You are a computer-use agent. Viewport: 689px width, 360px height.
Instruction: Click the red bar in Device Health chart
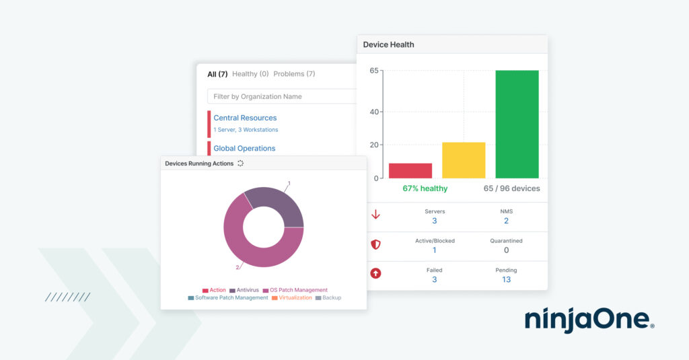[x=410, y=170]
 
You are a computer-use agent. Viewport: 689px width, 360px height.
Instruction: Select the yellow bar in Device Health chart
[x=464, y=160]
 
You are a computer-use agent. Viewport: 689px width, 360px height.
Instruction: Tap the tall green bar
[x=517, y=124]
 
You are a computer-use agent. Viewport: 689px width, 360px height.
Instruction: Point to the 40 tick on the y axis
[x=374, y=112]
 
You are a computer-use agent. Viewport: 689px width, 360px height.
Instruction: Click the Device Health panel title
[x=389, y=44]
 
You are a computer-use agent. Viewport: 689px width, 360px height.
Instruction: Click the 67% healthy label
[x=425, y=188]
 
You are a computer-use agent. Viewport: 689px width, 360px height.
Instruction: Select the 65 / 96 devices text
[x=511, y=188]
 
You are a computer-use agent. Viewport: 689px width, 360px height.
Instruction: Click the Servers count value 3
[x=435, y=221]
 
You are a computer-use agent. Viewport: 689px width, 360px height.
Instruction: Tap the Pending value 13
[x=506, y=279]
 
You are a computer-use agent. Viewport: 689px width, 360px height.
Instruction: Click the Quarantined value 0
[x=506, y=250]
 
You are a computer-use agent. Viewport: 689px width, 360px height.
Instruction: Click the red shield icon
[x=375, y=245]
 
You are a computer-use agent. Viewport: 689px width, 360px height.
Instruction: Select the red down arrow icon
[x=375, y=215]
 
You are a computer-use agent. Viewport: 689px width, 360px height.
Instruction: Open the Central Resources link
[x=245, y=118]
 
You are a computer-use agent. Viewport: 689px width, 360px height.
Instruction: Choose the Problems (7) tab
[x=294, y=74]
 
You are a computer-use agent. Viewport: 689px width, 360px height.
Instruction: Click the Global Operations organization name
[x=244, y=148]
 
